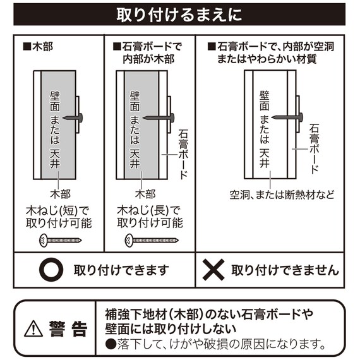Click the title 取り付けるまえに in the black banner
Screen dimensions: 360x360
pyautogui.click(x=179, y=15)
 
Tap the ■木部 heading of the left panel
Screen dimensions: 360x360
pyautogui.click(x=38, y=47)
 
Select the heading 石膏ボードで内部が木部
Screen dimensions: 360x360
pyautogui.click(x=147, y=53)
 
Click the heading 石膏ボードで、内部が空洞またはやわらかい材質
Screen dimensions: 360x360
pyautogui.click(x=271, y=53)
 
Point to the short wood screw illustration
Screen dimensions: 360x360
pyautogui.click(x=61, y=241)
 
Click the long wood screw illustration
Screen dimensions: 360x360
pyautogui.click(x=152, y=241)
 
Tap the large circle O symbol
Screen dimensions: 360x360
pyautogui.click(x=51, y=270)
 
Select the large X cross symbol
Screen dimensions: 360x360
pyautogui.click(x=213, y=270)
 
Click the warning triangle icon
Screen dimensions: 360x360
pyautogui.click(x=33, y=328)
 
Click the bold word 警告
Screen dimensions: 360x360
pyautogui.click(x=68, y=329)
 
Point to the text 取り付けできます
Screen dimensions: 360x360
pyautogui.click(x=121, y=270)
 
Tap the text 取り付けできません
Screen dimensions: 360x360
pyautogui.click(x=285, y=270)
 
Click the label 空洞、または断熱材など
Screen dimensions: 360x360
pyautogui.click(x=282, y=195)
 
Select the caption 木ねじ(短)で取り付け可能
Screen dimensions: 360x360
pyautogui.click(x=59, y=217)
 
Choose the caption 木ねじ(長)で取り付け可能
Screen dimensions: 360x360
pyautogui.click(x=150, y=217)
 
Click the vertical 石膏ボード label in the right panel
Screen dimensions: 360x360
pyautogui.click(x=315, y=148)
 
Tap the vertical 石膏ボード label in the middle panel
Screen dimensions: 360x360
pyautogui.click(x=183, y=154)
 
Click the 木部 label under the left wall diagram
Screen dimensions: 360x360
pyautogui.click(x=61, y=195)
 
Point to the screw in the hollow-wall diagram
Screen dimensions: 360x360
pyautogui.click(x=287, y=117)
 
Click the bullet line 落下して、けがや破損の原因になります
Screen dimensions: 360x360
pyautogui.click(x=216, y=344)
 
